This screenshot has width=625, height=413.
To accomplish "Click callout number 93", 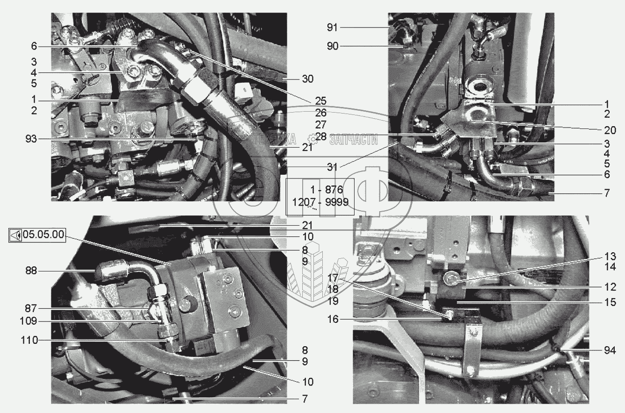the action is coord(31,139).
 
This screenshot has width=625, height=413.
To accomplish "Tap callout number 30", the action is coord(308,79).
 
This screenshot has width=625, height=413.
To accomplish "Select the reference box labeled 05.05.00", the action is coord(37,235).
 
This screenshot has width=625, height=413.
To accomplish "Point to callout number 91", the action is coord(332,28).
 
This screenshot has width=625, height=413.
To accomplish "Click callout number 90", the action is coord(333,46).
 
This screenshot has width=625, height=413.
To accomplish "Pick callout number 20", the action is coord(610,130).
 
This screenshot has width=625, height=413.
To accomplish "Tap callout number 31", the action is coord(332,167).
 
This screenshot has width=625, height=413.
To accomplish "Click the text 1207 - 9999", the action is coord(320,202).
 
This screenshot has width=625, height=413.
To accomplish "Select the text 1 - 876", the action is coord(327,190).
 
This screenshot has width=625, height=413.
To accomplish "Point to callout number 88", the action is coord(31,271).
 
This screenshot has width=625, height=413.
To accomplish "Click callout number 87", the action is coord(31,308).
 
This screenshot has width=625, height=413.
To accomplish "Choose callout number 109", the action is coord(28,321).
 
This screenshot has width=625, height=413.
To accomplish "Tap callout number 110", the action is coord(29,341).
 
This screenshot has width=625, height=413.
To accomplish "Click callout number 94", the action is coord(610,350).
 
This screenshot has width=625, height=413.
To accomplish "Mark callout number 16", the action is coord(333,319).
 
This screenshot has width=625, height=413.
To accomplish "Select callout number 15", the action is coord(610,302).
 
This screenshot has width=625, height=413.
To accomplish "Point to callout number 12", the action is coord(610,286).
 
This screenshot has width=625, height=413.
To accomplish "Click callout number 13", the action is coord(610,256).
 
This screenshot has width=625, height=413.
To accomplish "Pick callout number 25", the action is coord(321,101).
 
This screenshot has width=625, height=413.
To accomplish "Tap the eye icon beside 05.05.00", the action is coord(15,235).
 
